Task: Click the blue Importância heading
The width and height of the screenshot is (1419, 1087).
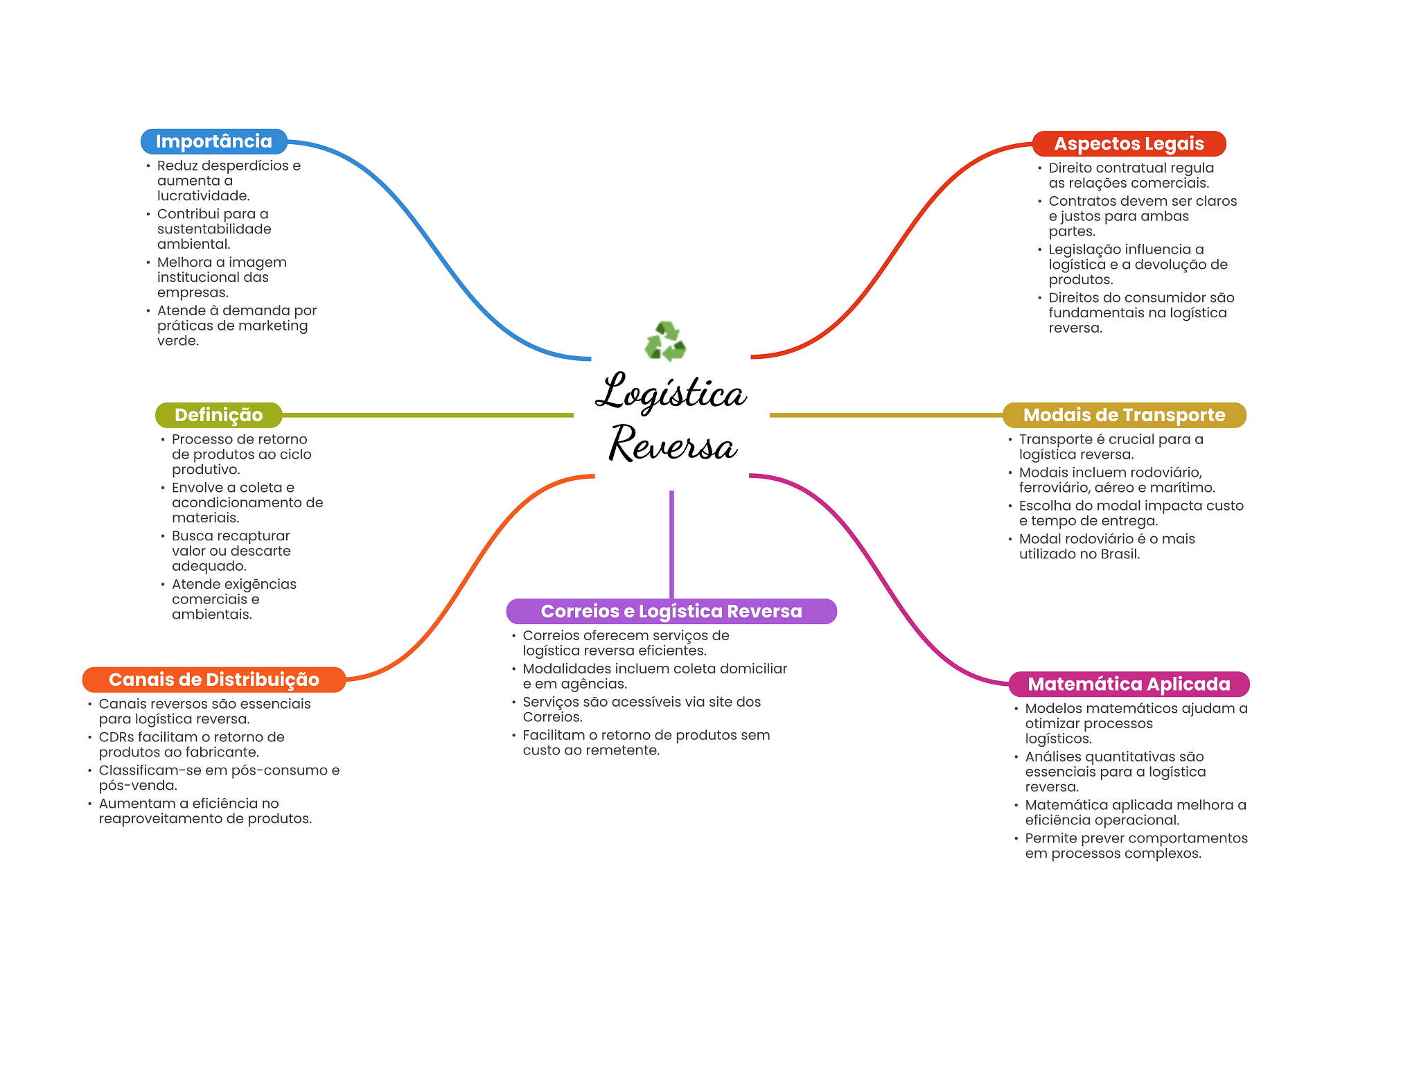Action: click(x=214, y=141)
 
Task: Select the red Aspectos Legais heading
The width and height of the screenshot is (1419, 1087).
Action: click(x=1129, y=143)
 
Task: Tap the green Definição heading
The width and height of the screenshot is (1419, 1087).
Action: click(x=219, y=415)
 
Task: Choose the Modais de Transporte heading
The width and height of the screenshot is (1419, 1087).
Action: click(x=1124, y=415)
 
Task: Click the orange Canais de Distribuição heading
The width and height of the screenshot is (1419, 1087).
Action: click(x=214, y=680)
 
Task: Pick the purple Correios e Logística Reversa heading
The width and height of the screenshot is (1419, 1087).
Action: click(x=671, y=611)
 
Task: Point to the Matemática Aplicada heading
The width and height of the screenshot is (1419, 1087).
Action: click(x=1129, y=684)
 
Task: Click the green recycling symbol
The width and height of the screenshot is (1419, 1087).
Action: click(x=665, y=341)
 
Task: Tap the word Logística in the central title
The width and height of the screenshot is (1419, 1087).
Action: click(x=671, y=392)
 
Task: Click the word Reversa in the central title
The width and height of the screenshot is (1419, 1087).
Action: click(x=673, y=443)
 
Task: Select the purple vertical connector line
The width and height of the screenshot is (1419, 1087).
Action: click(x=671, y=545)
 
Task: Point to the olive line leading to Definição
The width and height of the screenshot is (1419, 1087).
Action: click(x=428, y=415)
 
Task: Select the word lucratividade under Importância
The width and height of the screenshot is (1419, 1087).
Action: click(x=203, y=196)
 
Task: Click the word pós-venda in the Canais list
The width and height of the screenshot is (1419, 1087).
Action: click(x=138, y=786)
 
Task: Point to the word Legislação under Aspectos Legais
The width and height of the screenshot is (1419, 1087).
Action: click(x=1085, y=250)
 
